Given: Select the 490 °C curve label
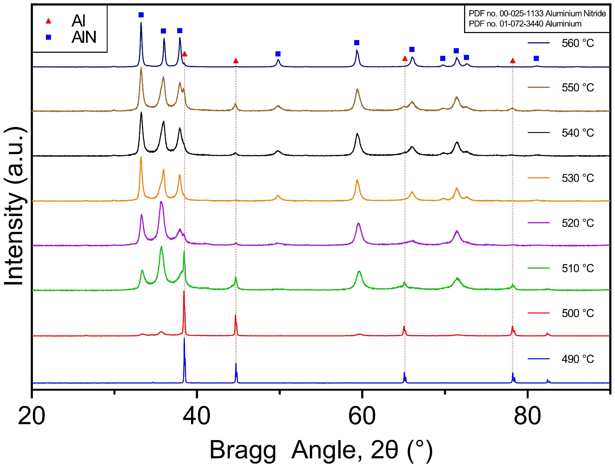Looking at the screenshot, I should (x=577, y=359).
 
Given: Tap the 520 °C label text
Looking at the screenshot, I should (x=577, y=223).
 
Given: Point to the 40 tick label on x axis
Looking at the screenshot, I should (x=197, y=416).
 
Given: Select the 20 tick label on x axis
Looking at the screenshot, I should (x=31, y=416).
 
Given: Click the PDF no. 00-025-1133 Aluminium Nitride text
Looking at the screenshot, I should (x=537, y=14).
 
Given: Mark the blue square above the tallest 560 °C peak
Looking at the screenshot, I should (x=141, y=15).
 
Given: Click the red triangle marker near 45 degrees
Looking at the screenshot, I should (x=236, y=61).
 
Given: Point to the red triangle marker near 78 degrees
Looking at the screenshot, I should (x=512, y=61).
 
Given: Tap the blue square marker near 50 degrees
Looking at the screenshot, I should (x=278, y=54).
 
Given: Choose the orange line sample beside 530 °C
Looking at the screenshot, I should (x=538, y=178).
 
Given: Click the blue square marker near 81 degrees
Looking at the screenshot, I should (x=536, y=58).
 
